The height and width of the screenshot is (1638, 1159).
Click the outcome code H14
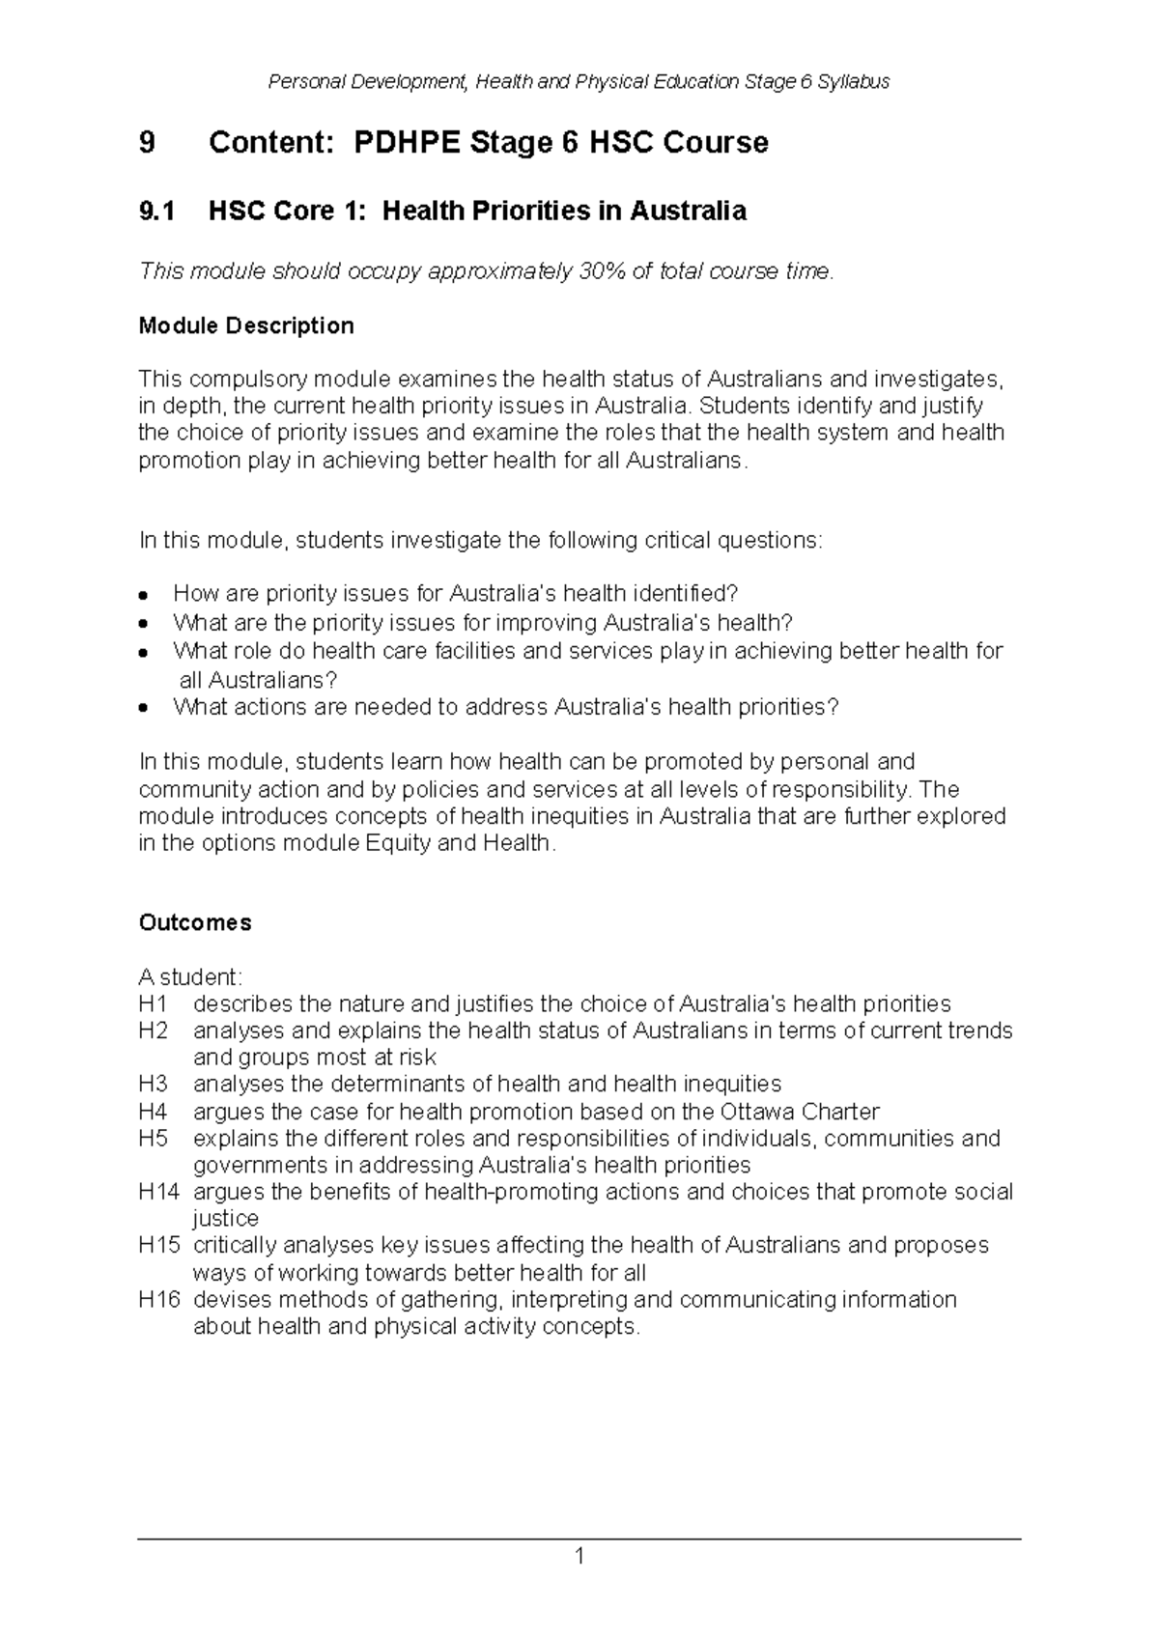[x=159, y=1192]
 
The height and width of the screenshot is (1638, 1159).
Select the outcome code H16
[x=159, y=1300]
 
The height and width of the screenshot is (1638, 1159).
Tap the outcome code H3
[x=153, y=1084]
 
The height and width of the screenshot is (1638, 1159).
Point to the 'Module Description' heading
[x=246, y=325]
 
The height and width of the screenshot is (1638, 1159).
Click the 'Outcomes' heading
[x=195, y=922]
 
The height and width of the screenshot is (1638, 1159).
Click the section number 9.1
[x=157, y=211]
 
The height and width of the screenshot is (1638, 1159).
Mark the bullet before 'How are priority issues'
[x=143, y=594]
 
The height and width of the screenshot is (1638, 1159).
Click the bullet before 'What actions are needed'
[x=143, y=708]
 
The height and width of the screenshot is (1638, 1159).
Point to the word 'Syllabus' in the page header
[x=853, y=82]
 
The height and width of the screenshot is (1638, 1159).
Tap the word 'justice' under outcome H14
[x=225, y=1219]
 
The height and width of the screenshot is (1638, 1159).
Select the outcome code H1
[x=153, y=1003]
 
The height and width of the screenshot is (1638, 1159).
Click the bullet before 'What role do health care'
[x=143, y=652]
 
